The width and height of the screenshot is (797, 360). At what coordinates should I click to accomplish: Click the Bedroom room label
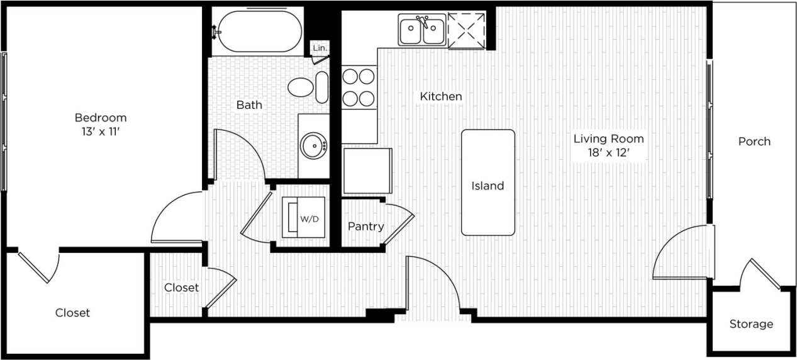point(101,118)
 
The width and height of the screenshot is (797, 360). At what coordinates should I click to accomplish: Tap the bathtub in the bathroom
point(257,31)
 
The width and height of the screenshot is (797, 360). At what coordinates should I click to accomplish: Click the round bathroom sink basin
point(313,146)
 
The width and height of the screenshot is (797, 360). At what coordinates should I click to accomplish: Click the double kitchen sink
point(422,30)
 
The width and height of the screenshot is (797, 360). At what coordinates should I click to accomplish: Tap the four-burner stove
point(359,87)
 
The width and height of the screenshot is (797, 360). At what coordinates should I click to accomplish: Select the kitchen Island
point(488,183)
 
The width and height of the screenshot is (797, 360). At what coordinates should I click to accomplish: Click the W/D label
point(309,220)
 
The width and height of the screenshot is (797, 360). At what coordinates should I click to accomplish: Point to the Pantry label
point(365,227)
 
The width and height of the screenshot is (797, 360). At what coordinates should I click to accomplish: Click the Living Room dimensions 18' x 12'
point(608,152)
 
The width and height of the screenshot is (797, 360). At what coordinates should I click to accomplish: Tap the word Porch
point(754,142)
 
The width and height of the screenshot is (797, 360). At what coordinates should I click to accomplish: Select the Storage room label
point(751,324)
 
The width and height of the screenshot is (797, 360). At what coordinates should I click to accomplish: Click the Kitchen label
point(441,96)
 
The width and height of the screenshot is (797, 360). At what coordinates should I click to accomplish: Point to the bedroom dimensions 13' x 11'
point(101,132)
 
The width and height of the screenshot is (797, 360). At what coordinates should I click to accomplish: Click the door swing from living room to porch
point(683,254)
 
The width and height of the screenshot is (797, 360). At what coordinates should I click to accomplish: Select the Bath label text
point(249,105)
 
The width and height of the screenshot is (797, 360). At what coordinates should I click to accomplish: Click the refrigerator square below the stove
point(367,171)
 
